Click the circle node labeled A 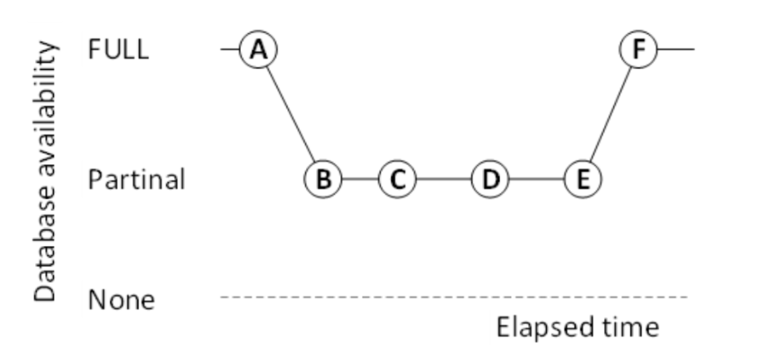coord(259,49)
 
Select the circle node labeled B coord(322,179)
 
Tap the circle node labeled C coord(397,179)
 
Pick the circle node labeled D coord(489,179)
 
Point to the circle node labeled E coord(583,179)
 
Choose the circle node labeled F coord(638,49)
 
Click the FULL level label coord(118,49)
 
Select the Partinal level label coord(136,180)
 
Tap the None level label coord(120,299)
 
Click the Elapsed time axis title coord(577,327)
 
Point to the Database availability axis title coord(46,171)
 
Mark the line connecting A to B coord(291,114)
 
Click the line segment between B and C coord(359,179)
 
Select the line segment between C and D coord(443,179)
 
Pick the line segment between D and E coord(536,179)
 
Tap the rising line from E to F coord(611,114)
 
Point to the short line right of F coord(675,49)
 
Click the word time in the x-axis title coord(629,327)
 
